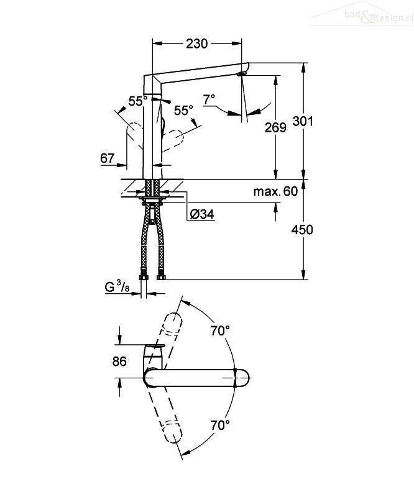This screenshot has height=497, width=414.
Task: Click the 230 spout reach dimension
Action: tap(196, 43)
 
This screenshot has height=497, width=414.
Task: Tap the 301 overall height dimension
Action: tap(303, 121)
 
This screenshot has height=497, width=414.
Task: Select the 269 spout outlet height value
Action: tap(275, 127)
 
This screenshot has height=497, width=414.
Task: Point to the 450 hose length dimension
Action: tap(302, 229)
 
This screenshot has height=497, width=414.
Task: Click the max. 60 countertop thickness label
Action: tap(275, 191)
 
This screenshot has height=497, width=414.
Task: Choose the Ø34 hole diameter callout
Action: tap(202, 214)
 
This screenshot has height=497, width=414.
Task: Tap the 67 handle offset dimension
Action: tap(107, 158)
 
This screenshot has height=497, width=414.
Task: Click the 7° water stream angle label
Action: tap(209, 99)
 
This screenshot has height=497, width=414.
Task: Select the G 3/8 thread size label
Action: tap(117, 286)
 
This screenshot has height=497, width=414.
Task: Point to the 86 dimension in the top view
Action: tap(119, 362)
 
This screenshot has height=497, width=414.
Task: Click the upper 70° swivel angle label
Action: tap(220, 331)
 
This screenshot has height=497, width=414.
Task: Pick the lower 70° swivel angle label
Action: tap(220, 425)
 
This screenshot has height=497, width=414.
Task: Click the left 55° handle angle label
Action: tap(138, 101)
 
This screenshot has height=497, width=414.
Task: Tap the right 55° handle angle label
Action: tap(183, 111)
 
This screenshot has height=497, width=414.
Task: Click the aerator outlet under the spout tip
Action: tap(241, 74)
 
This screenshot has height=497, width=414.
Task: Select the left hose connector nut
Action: tap(144, 276)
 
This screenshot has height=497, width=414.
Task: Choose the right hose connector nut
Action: tap(161, 276)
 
